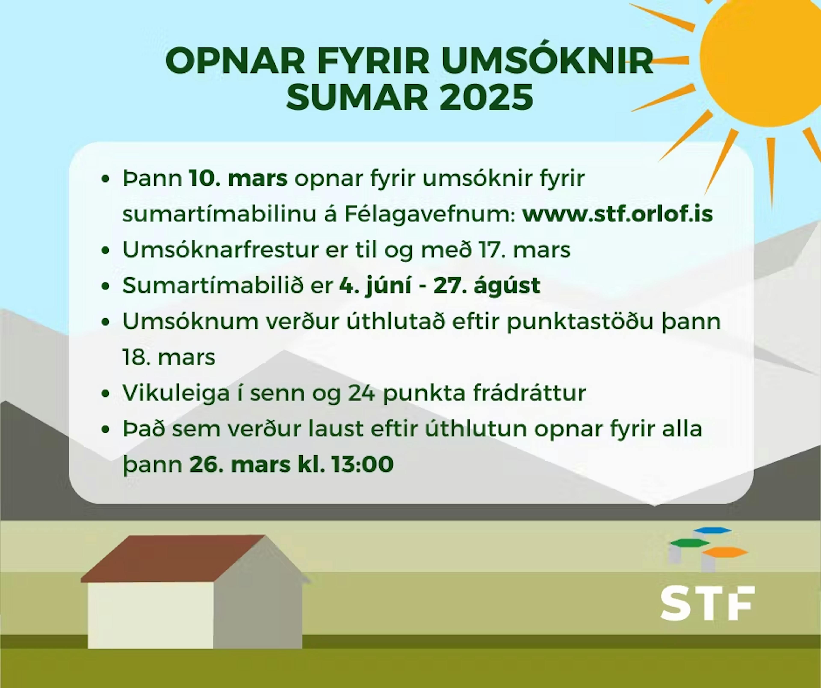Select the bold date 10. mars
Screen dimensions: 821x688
[238, 178]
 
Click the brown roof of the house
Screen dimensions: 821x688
[172, 559]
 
